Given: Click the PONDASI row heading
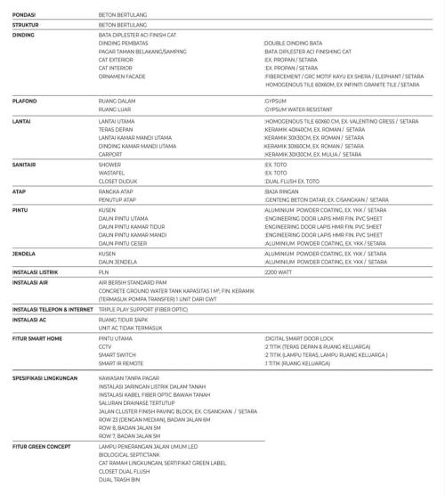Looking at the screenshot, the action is [25, 15].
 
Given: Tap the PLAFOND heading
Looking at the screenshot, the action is [25, 101].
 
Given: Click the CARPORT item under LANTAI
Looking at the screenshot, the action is [112, 154].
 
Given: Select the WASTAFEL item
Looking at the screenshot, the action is [114, 173].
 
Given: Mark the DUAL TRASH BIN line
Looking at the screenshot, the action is [120, 479].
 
